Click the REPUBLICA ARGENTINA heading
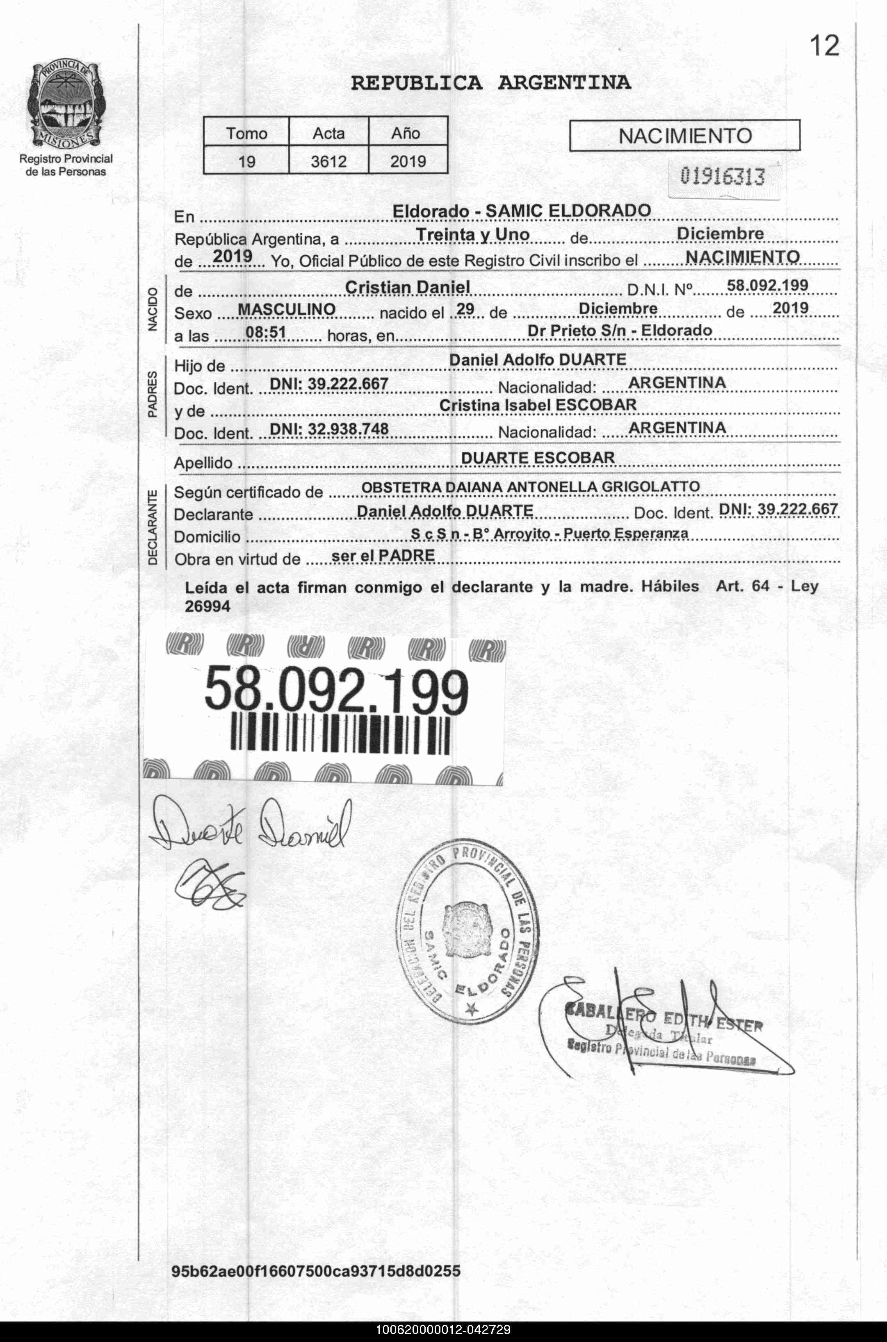pyautogui.click(x=490, y=83)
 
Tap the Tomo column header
pyautogui.click(x=246, y=134)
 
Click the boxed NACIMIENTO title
pyautogui.click(x=684, y=136)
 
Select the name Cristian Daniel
pyautogui.click(x=407, y=287)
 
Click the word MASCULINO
pyautogui.click(x=287, y=309)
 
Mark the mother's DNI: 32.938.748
pyautogui.click(x=328, y=429)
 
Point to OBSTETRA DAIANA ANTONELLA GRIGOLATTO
pyautogui.click(x=530, y=487)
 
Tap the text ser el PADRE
pyautogui.click(x=383, y=555)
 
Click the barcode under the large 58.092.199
pyautogui.click(x=340, y=734)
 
